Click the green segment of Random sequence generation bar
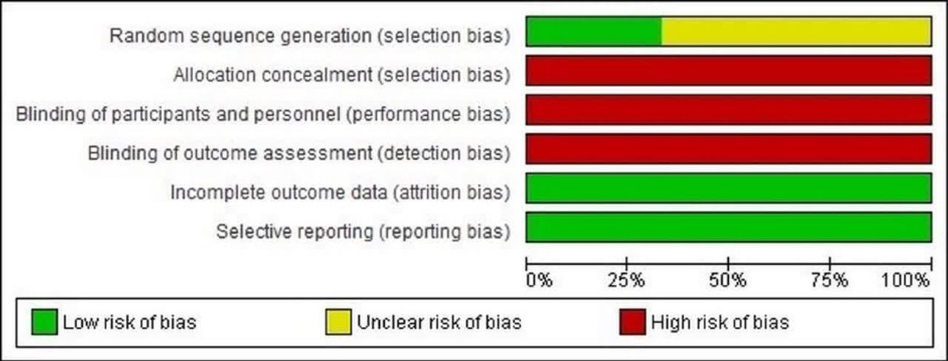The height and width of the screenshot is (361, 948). [594, 31]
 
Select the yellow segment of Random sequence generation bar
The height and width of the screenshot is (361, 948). [796, 31]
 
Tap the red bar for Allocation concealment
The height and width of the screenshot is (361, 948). [729, 70]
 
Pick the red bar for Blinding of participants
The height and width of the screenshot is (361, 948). [729, 109]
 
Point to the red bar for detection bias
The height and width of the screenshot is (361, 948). [729, 149]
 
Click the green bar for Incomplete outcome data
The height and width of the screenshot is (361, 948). [729, 188]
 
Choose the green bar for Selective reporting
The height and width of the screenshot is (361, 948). [729, 227]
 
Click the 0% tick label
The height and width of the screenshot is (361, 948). [539, 280]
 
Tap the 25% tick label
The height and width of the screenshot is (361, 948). [626, 280]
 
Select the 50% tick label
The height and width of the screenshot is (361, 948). [728, 280]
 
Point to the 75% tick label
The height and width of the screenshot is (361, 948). [829, 280]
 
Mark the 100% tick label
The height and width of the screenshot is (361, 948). [906, 280]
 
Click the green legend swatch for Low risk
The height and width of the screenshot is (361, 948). [44, 322]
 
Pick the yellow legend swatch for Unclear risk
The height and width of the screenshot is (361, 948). [338, 322]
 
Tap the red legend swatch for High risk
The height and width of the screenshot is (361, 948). [632, 322]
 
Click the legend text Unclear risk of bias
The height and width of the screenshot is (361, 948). [439, 322]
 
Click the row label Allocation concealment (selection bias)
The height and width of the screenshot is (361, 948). [341, 75]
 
